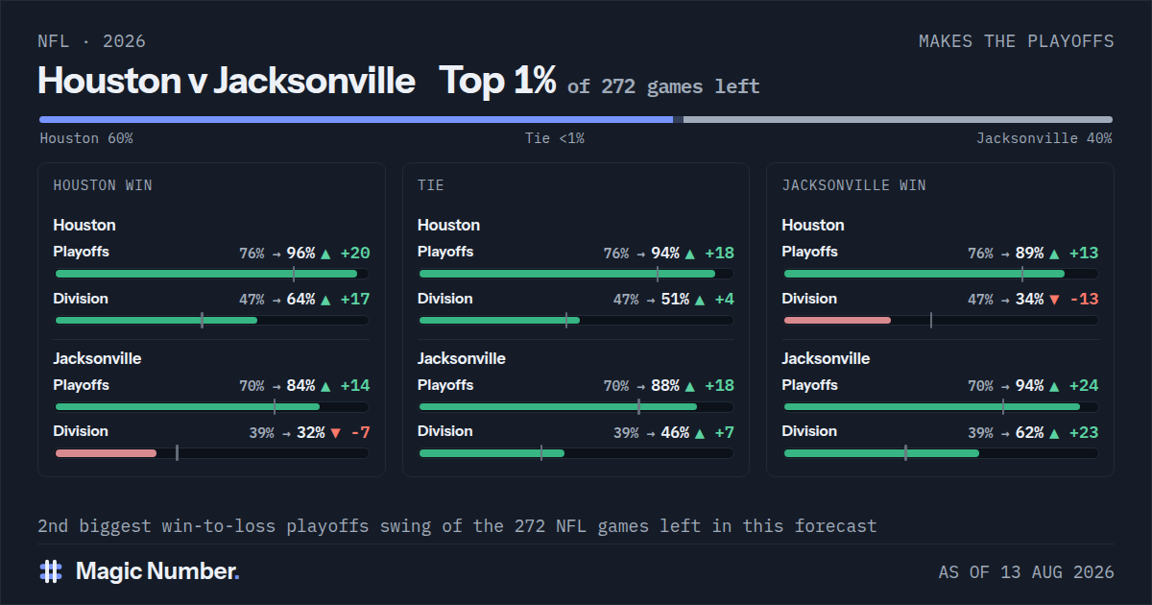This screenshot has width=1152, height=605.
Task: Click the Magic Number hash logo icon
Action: click(51, 571)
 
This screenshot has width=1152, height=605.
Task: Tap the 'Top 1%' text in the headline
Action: click(497, 81)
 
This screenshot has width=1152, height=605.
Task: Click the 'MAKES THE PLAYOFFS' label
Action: click(1017, 41)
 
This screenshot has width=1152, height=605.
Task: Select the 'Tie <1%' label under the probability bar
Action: click(555, 138)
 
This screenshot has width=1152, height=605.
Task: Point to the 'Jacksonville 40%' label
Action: click(1044, 138)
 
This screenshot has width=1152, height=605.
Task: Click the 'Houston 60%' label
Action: click(86, 138)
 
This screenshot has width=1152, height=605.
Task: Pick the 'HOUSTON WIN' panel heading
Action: click(103, 185)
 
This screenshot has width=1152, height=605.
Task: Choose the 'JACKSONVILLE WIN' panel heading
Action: click(853, 185)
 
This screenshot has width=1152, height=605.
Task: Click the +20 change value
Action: click(355, 254)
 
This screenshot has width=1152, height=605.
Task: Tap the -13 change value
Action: click(1084, 299)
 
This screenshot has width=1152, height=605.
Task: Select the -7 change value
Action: click(361, 432)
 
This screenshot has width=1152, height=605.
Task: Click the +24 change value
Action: click(1084, 385)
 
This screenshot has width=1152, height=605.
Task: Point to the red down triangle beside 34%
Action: click(1054, 300)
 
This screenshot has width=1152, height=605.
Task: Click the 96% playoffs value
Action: click(300, 254)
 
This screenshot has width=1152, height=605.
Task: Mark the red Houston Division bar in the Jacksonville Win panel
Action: click(837, 320)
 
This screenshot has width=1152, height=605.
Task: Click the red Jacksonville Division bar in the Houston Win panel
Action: click(106, 453)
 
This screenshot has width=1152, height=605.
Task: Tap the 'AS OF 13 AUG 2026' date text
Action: click(1026, 572)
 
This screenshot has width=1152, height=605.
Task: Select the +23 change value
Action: click(1084, 432)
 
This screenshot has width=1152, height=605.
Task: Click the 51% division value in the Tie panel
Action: click(675, 299)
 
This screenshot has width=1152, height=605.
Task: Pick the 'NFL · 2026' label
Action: click(91, 41)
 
